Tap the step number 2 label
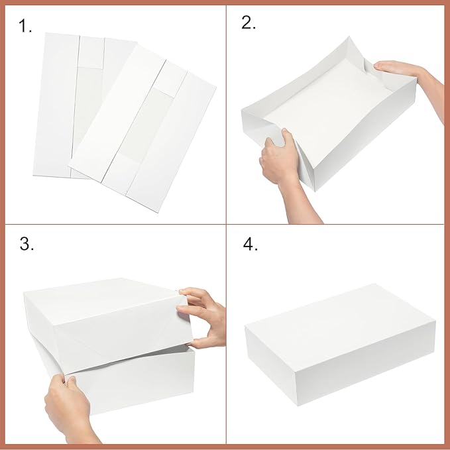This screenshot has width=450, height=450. point(249,23)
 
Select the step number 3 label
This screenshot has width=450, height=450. point(26,244)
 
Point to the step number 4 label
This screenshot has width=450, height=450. point(250,244)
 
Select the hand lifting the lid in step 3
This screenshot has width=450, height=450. point(204,315)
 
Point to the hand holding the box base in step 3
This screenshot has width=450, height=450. point(66,404)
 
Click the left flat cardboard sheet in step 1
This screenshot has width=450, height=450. point(60,106)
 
